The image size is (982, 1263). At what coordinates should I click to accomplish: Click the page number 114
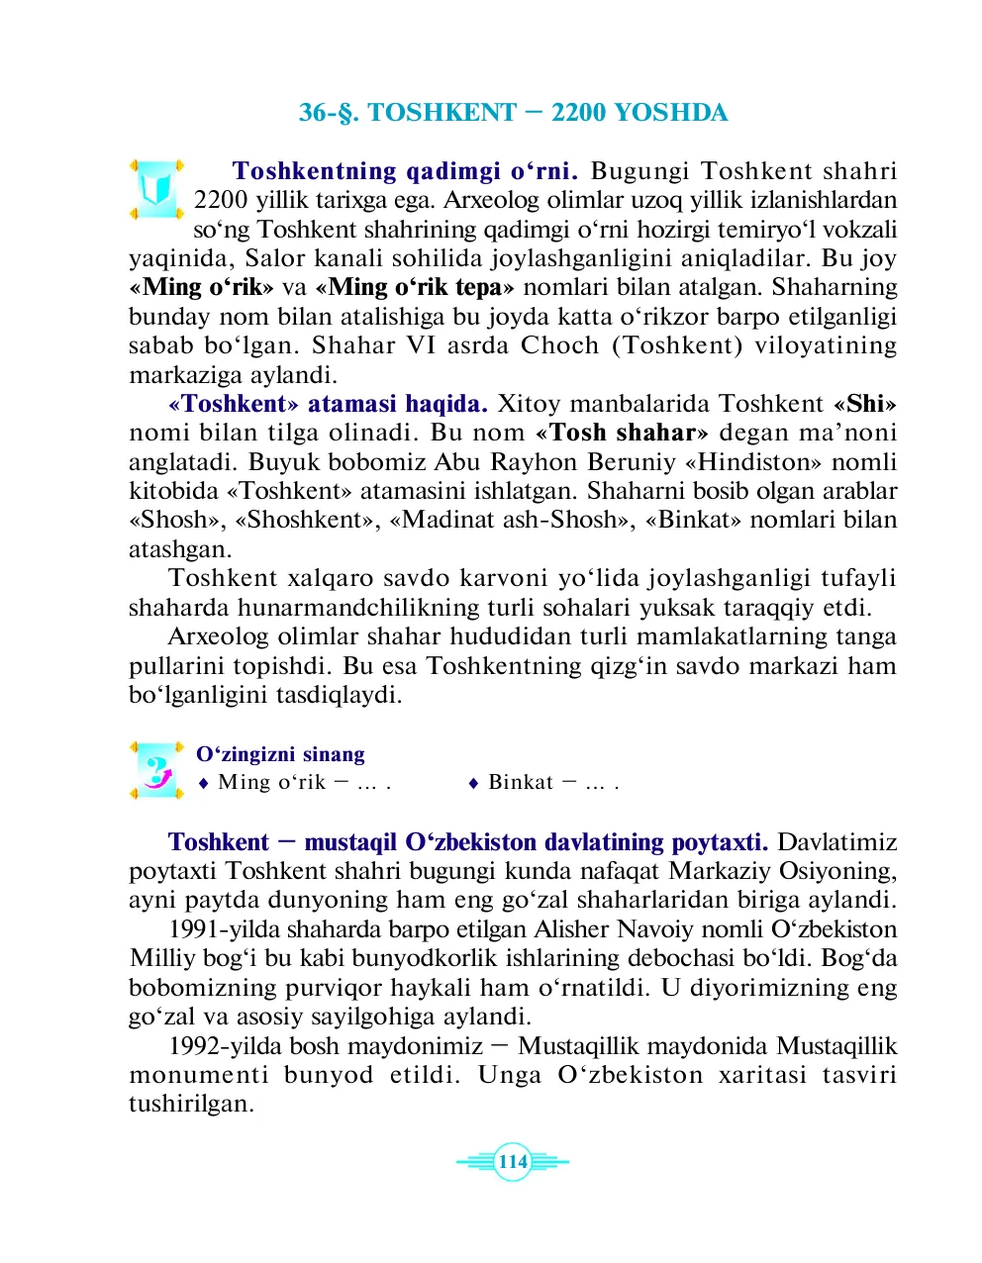click(513, 1162)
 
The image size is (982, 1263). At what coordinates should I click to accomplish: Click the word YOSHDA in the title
click(670, 113)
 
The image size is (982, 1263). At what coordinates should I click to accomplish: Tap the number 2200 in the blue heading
click(578, 113)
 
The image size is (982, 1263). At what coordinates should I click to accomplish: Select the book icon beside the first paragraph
click(156, 188)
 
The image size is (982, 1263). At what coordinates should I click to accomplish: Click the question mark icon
click(156, 770)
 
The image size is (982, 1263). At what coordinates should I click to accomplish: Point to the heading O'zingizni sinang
click(280, 754)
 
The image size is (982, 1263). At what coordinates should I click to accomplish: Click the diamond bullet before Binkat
click(473, 783)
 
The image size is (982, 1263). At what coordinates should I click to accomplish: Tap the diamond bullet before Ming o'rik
click(203, 783)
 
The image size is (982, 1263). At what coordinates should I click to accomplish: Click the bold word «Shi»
click(864, 404)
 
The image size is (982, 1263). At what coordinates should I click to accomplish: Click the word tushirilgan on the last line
click(191, 1105)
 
